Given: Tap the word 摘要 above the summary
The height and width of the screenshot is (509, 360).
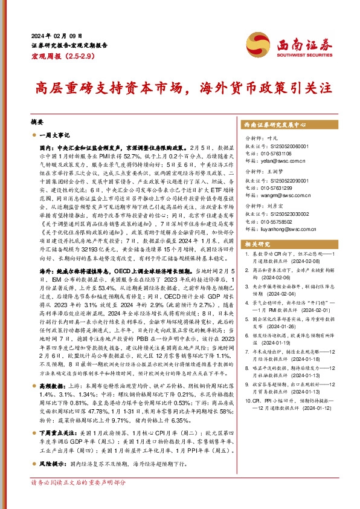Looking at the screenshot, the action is (37, 122).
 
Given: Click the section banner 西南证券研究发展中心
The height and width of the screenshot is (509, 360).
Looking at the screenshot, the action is (275, 124).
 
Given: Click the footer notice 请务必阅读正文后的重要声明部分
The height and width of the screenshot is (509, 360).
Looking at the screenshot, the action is (79, 500).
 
